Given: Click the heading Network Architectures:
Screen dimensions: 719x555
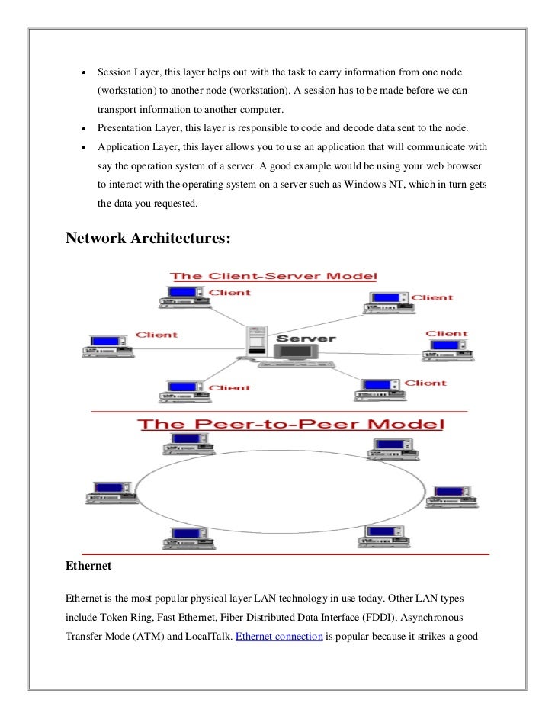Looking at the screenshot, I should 148,238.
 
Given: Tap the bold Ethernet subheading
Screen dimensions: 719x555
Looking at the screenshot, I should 89,567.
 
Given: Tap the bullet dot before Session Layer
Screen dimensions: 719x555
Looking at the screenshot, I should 83,72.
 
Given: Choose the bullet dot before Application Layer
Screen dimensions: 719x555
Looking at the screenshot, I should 83,147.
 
